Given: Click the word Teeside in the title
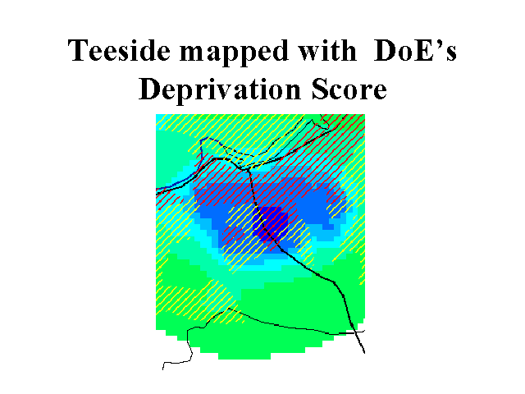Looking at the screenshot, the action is [x=119, y=50].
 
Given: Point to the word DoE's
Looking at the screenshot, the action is [x=415, y=50].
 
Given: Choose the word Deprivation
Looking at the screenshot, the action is [x=220, y=89].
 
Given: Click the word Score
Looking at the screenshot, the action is [x=349, y=89].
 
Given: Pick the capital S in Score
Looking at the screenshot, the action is [x=319, y=89].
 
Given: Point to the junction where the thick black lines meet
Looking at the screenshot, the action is [x=248, y=169].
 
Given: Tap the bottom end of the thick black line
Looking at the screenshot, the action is [x=364, y=353].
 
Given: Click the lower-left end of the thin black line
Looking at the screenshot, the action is [x=162, y=369].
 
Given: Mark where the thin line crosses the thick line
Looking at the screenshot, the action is [x=354, y=332].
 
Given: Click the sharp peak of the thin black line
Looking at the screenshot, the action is [x=229, y=309].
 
